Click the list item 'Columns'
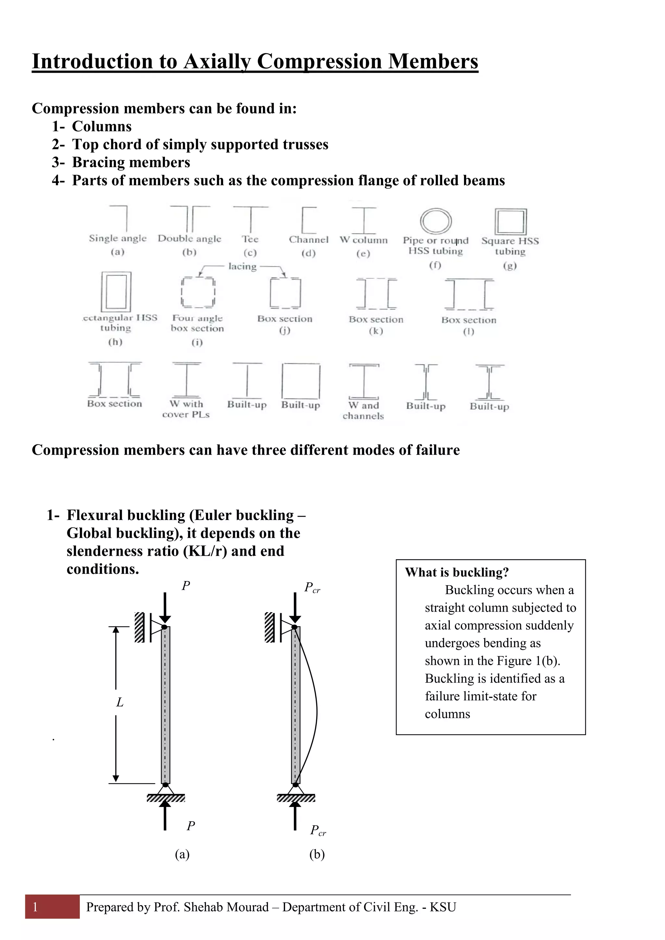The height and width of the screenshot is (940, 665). point(102,127)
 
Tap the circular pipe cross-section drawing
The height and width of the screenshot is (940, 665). point(436,221)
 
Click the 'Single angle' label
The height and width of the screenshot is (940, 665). point(118,238)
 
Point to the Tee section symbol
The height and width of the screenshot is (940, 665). point(250,219)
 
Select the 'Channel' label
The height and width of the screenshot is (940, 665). point(308,240)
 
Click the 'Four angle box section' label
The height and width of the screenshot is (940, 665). point(197,323)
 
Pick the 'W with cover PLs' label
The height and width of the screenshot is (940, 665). point(186,409)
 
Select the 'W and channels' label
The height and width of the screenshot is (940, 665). point(363,411)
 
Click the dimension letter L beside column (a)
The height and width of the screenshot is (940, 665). point(119,702)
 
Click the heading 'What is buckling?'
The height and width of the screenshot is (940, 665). point(457,572)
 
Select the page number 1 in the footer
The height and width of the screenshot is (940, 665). point(36,907)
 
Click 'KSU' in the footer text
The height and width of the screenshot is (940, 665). point(443,907)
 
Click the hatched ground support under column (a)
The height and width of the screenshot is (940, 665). point(166,798)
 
